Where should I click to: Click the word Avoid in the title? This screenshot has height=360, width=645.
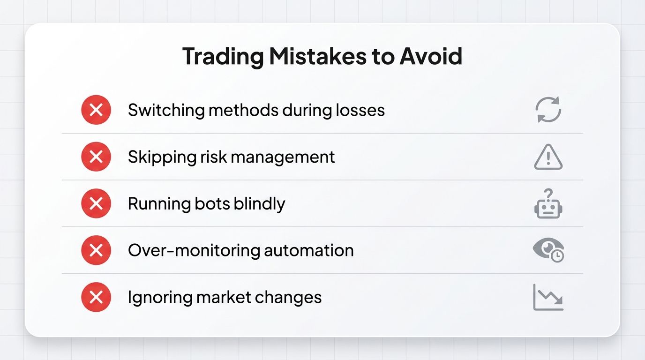pyautogui.click(x=431, y=56)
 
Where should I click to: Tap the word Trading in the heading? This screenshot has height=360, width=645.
pyautogui.click(x=223, y=56)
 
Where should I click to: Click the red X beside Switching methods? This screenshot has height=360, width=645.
pyautogui.click(x=96, y=110)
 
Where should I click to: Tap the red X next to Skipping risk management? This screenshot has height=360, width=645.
pyautogui.click(x=96, y=157)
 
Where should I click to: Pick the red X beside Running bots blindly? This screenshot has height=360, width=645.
pyautogui.click(x=96, y=203)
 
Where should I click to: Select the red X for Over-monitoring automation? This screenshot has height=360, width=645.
pyautogui.click(x=96, y=250)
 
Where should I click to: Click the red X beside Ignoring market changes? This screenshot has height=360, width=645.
pyautogui.click(x=96, y=297)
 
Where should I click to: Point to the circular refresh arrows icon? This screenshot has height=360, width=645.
pyautogui.click(x=548, y=110)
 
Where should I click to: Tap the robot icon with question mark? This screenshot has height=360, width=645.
pyautogui.click(x=548, y=204)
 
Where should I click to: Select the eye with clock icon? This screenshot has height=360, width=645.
pyautogui.click(x=548, y=250)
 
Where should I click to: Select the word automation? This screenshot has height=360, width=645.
pyautogui.click(x=308, y=250)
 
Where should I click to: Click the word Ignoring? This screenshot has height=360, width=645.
pyautogui.click(x=157, y=298)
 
